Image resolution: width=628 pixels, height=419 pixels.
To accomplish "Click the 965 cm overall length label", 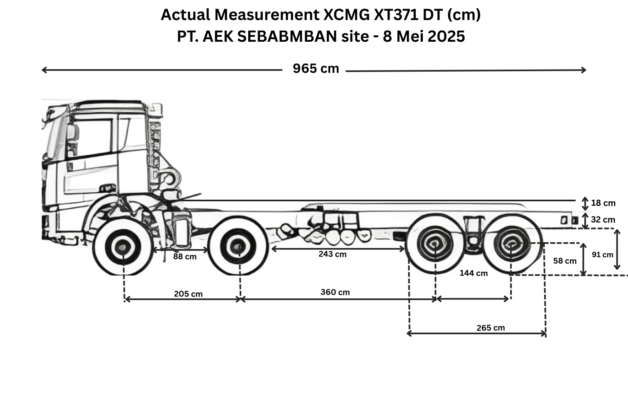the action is (x=316, y=68).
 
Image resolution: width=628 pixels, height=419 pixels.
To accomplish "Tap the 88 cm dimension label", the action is (x=185, y=257).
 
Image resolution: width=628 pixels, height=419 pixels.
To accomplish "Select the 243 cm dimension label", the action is (x=332, y=254).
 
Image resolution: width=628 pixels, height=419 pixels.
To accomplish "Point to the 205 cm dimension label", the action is (x=188, y=294).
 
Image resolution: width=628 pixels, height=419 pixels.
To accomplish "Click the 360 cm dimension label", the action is (x=335, y=292).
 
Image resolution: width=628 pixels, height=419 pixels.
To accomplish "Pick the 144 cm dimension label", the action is (x=473, y=273).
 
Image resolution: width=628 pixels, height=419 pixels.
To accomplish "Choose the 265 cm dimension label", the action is (x=491, y=328).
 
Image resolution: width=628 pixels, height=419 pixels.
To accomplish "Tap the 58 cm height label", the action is (x=565, y=261).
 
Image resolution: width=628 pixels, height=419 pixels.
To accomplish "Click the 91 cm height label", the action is (x=603, y=255).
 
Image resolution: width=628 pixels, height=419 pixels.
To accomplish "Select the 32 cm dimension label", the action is (x=603, y=219).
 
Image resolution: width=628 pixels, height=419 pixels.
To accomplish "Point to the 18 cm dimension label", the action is (x=603, y=203).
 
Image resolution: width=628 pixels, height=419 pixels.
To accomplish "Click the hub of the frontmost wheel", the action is (x=123, y=247).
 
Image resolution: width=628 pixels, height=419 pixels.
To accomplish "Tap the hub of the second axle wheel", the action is (x=238, y=247).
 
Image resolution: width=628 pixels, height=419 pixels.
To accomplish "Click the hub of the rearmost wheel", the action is (x=511, y=243).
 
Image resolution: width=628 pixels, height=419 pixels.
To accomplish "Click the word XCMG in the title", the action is (x=347, y=15).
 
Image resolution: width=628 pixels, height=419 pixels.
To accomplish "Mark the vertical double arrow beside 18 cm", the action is (x=585, y=204).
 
